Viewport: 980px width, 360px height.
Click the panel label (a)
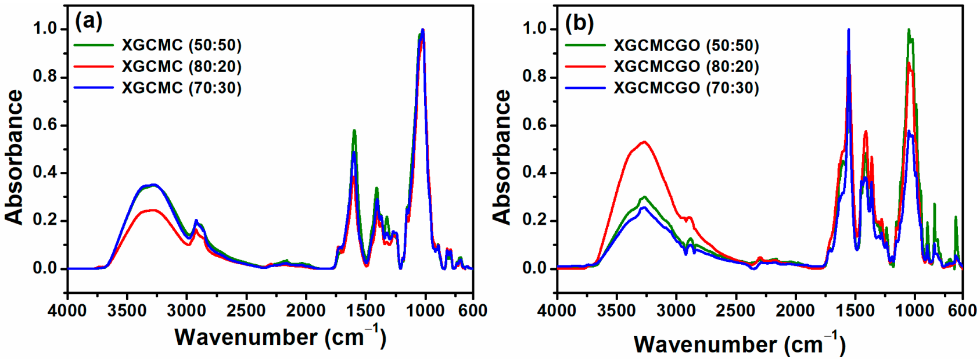pyautogui.click(x=88, y=22)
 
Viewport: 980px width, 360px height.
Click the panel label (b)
pyautogui.click(x=579, y=23)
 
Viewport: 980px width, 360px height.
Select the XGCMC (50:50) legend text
pyautogui.click(x=181, y=45)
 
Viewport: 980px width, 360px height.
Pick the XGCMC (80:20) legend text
pyautogui.click(x=181, y=66)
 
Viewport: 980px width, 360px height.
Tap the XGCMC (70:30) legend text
pyautogui.click(x=181, y=88)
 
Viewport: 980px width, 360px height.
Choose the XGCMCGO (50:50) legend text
pyautogui.click(x=686, y=45)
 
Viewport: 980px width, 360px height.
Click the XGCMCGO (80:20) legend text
pyautogui.click(x=686, y=66)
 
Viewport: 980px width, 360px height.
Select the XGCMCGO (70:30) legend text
pyautogui.click(x=686, y=88)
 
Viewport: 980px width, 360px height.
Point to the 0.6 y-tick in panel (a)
pyautogui.click(x=45, y=125)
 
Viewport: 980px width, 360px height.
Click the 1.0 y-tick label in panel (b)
pyautogui.click(x=534, y=28)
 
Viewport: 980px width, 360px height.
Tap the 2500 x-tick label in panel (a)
pyautogui.click(x=246, y=311)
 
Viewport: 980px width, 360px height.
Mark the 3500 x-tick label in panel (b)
pyautogui.click(x=617, y=311)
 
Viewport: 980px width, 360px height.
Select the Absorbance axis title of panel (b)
pyautogui.click(x=502, y=157)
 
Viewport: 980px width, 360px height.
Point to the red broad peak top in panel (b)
pyautogui.click(x=644, y=142)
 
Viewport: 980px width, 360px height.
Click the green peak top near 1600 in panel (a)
pyautogui.click(x=354, y=131)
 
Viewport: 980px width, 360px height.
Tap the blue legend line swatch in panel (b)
pyautogui.click(x=585, y=88)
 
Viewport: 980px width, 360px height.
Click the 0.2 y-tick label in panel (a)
pyautogui.click(x=45, y=221)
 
